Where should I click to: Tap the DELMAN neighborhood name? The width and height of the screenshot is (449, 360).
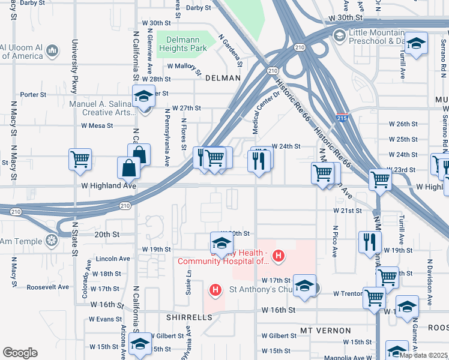(x=223, y=78)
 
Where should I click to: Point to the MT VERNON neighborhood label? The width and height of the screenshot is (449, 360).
(x=326, y=331)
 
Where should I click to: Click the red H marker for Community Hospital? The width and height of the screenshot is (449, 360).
(x=277, y=256)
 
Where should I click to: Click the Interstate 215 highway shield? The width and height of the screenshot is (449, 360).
(x=341, y=119)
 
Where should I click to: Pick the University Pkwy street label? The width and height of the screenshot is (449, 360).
(x=75, y=66)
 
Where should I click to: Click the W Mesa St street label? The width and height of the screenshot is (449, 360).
(x=97, y=125)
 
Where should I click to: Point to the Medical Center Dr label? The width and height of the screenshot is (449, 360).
(x=265, y=112)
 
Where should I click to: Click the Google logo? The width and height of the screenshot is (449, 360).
(x=20, y=353)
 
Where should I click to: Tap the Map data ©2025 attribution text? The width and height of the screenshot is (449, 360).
(x=423, y=355)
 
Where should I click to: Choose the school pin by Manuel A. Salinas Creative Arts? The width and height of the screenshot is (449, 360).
(x=143, y=97)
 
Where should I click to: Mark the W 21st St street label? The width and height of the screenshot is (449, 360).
(x=348, y=211)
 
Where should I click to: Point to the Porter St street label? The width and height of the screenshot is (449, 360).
(x=33, y=95)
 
